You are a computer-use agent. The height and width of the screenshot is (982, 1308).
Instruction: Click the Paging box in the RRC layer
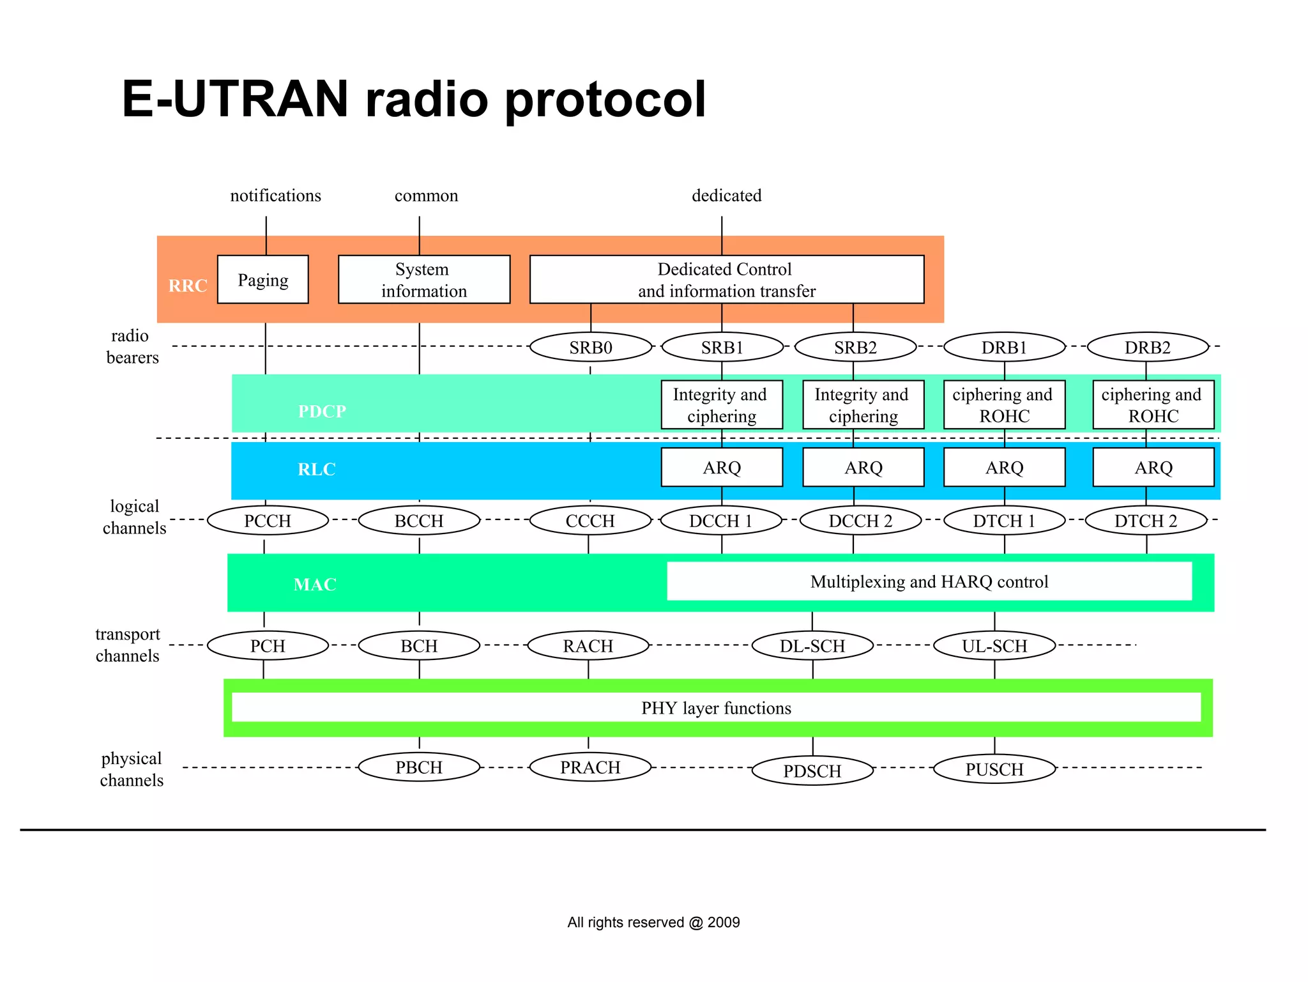(262, 280)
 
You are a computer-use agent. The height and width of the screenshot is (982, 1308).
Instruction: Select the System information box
(423, 280)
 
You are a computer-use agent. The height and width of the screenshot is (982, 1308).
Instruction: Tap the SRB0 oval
(591, 348)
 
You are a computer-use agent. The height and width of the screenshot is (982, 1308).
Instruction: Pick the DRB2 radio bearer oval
(1148, 348)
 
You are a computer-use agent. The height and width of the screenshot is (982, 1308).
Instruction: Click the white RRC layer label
(188, 286)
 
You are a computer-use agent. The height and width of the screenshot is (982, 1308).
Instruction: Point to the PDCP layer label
(322, 411)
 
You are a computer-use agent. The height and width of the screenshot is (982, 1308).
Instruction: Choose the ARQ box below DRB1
(1004, 468)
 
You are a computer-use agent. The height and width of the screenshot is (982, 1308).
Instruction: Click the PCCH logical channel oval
(268, 521)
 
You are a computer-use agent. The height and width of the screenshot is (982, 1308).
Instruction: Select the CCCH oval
(590, 521)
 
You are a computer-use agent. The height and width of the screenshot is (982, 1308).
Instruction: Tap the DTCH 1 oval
(1004, 521)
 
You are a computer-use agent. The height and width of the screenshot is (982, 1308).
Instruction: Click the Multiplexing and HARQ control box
(929, 581)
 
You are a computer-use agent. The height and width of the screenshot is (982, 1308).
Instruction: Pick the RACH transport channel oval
(588, 646)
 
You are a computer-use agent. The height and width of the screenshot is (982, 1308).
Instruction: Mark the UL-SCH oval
(994, 646)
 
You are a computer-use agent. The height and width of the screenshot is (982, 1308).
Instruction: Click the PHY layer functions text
(716, 708)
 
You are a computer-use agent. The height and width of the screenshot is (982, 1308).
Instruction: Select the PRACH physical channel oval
(590, 767)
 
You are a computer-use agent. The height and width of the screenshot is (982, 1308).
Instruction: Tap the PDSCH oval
(812, 771)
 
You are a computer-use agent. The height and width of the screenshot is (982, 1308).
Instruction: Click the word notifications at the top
(275, 196)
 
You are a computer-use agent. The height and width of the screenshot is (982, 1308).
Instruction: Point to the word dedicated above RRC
(727, 196)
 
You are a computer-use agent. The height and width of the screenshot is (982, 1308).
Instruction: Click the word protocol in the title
(605, 100)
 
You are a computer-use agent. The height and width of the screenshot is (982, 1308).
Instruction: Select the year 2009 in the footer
(724, 922)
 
